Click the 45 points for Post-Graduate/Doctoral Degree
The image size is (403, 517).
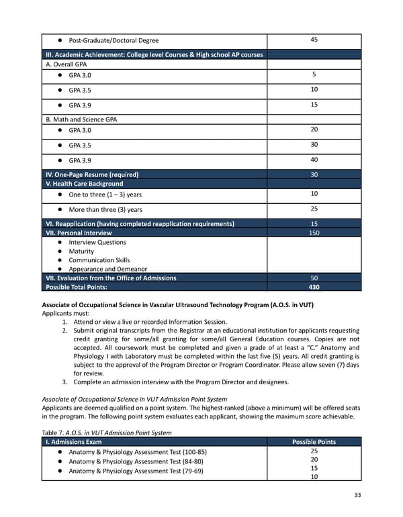(314, 40)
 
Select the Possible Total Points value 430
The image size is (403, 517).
(314, 287)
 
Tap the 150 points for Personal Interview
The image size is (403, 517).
(314, 233)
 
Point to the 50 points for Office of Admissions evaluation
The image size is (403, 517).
(314, 278)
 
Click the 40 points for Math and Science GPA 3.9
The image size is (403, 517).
(314, 160)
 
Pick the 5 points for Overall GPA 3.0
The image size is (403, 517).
(314, 74)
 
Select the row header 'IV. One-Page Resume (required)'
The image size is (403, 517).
(92, 174)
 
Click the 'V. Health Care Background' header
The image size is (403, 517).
(84, 184)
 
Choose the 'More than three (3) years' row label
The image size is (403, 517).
(105, 210)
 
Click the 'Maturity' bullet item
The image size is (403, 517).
(81, 251)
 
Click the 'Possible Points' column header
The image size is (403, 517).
(314, 442)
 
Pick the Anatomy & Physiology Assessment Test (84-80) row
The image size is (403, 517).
(136, 461)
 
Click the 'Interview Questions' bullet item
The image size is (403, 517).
(97, 242)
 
